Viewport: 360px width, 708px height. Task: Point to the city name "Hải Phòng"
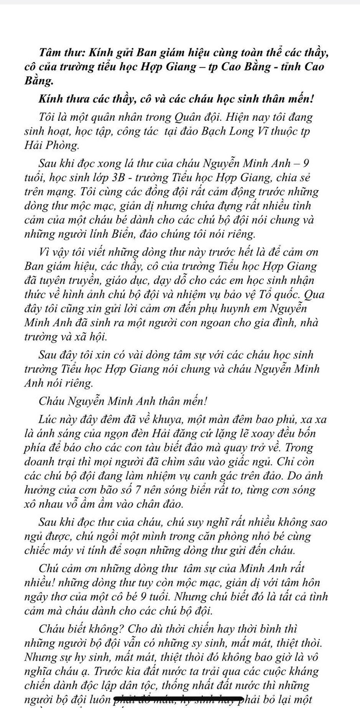click(51, 146)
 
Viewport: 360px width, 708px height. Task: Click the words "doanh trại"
click(50, 462)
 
